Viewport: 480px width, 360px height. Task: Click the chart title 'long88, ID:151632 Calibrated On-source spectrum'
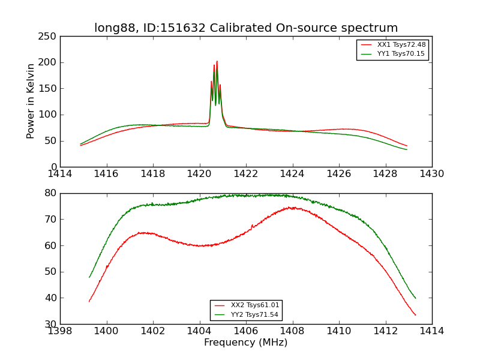pyautogui.click(x=246, y=28)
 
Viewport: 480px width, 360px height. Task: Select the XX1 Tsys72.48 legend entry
pyautogui.click(x=401, y=45)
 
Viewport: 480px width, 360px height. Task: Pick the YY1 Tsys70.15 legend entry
pyautogui.click(x=401, y=54)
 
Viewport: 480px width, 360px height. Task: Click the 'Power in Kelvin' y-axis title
pyautogui.click(x=31, y=101)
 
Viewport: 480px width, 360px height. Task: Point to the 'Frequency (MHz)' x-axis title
pyautogui.click(x=246, y=343)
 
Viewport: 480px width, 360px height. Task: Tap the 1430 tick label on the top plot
pyautogui.click(x=431, y=174)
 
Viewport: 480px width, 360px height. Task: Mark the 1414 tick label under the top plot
pyautogui.click(x=60, y=174)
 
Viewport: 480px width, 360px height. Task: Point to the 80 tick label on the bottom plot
pyautogui.click(x=50, y=193)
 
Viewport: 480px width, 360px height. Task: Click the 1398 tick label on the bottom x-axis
pyautogui.click(x=60, y=331)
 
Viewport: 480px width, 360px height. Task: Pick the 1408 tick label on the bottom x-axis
pyautogui.click(x=292, y=331)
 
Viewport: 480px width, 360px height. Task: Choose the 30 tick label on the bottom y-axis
pyautogui.click(x=50, y=324)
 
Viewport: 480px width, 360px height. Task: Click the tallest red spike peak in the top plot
pyautogui.click(x=217, y=61)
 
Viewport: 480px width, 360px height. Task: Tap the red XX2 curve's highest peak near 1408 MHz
pyautogui.click(x=291, y=208)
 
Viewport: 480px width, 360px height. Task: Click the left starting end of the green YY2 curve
pyautogui.click(x=89, y=277)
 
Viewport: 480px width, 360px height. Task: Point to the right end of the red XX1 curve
pyautogui.click(x=407, y=146)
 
